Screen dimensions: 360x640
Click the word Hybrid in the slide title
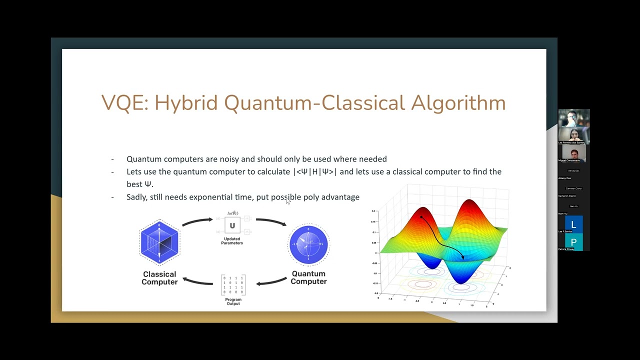pyautogui.click(x=186, y=103)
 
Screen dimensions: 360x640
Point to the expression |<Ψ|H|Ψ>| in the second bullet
pyautogui.click(x=314, y=171)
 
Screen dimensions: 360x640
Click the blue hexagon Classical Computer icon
pyautogui.click(x=159, y=242)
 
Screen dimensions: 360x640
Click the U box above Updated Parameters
pyautogui.click(x=232, y=225)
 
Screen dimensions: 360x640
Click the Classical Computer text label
pyautogui.click(x=159, y=278)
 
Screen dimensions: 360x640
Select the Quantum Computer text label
pyautogui.click(x=308, y=277)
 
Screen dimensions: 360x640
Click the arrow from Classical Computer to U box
pyautogui.click(x=197, y=221)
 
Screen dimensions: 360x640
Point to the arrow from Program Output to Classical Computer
pyautogui.click(x=198, y=281)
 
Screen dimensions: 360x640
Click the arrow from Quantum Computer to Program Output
pyautogui.click(x=272, y=282)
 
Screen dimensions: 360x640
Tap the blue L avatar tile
pyautogui.click(x=573, y=224)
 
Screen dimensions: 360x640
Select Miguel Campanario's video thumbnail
pyautogui.click(x=573, y=152)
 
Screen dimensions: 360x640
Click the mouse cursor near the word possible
pyautogui.click(x=287, y=201)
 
